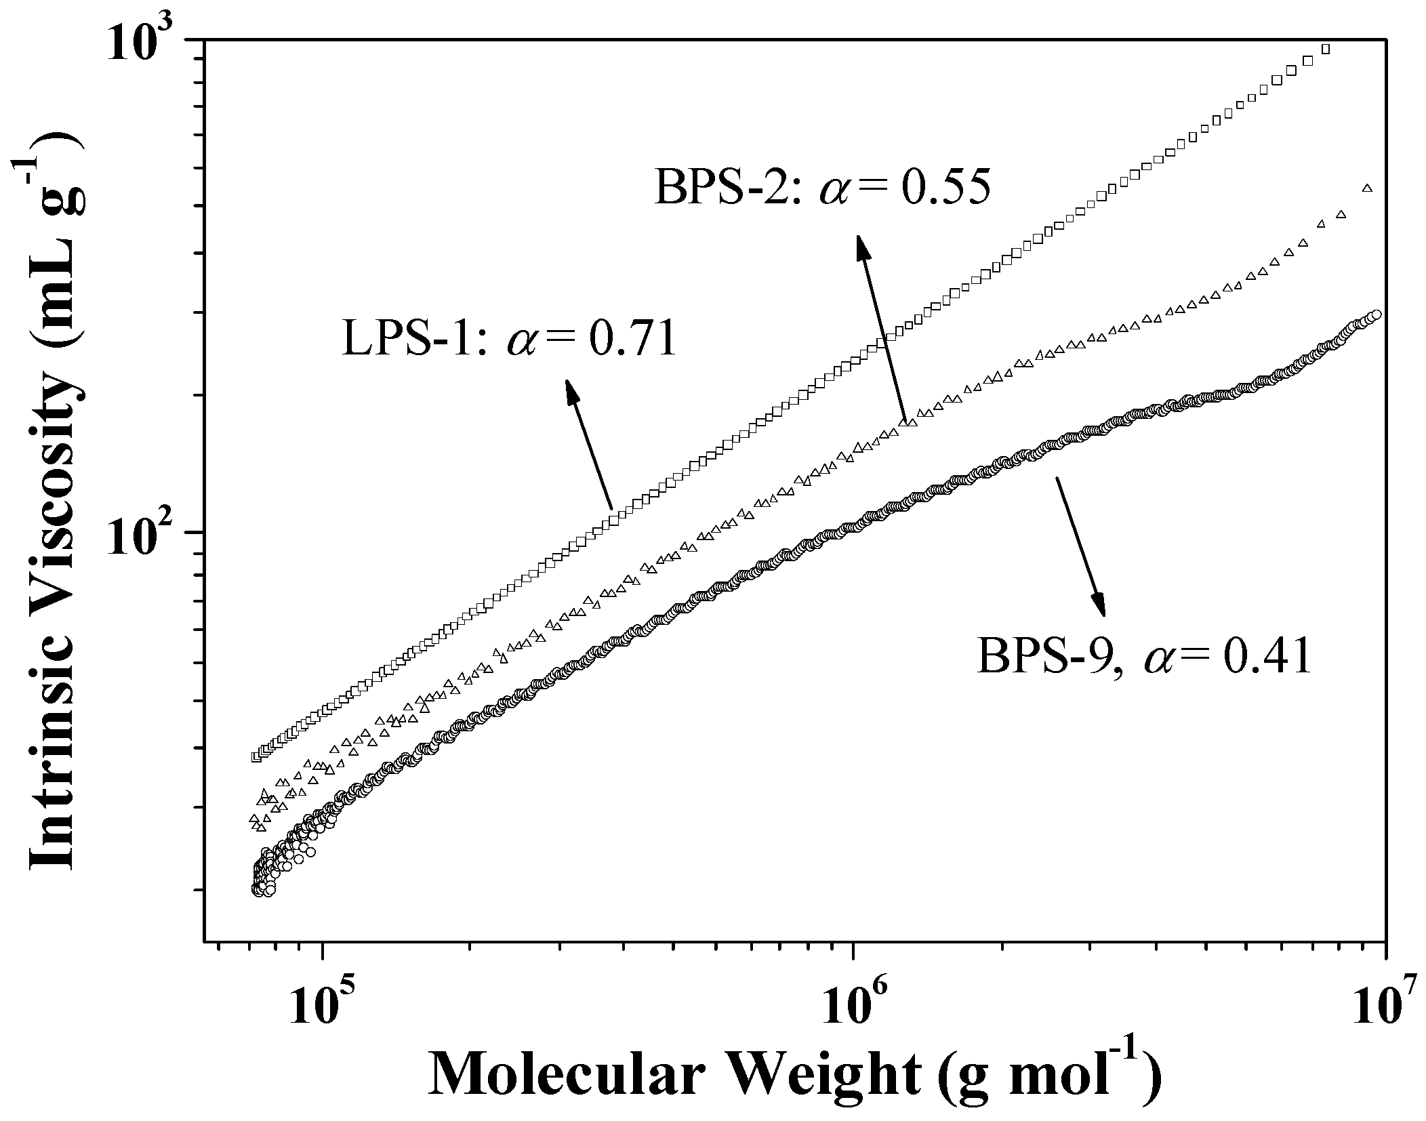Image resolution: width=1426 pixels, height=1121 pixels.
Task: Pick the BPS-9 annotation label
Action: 1051,658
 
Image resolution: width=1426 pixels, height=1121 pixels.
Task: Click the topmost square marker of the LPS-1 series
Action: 1326,49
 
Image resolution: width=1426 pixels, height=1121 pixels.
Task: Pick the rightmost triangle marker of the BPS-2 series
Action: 1367,188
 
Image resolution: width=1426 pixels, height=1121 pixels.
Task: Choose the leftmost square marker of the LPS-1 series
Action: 256,756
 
